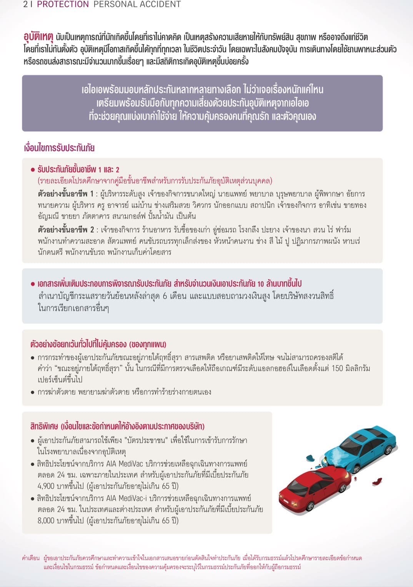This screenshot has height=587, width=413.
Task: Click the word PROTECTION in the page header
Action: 63,5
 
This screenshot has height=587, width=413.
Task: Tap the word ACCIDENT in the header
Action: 158,5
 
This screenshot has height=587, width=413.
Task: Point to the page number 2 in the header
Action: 25,5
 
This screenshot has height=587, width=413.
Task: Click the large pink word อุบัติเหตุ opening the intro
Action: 38,37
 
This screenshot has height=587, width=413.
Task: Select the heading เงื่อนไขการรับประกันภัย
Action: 59,148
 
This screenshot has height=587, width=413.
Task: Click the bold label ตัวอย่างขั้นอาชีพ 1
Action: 65,194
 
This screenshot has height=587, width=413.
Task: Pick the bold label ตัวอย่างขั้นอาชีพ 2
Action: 66,230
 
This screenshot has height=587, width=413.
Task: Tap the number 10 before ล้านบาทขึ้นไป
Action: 260,284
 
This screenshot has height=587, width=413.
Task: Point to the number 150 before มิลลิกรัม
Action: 337,368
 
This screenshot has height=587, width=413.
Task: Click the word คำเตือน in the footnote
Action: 31,558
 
